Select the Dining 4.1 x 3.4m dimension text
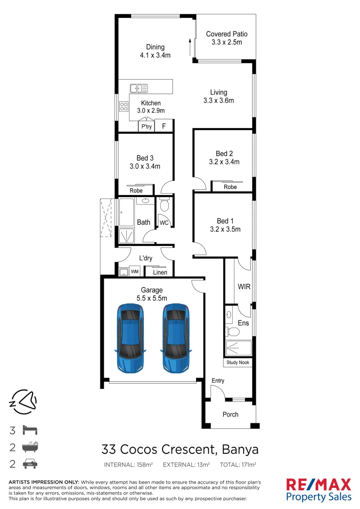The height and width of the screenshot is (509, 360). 155,55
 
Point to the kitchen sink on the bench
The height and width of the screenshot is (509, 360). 139,88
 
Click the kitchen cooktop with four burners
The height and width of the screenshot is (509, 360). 124,107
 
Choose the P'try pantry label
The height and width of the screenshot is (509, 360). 147,127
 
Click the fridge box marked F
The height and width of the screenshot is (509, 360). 164,126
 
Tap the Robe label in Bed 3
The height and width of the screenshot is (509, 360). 136,191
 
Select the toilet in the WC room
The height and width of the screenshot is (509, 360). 164,205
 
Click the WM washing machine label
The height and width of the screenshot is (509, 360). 134,271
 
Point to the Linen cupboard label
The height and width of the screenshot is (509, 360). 160,272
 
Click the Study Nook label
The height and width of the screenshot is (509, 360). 238,362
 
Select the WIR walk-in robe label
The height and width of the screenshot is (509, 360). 244,286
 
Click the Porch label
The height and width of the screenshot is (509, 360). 230,415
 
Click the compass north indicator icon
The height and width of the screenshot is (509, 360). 24,402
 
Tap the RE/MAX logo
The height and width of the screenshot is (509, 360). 319,484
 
